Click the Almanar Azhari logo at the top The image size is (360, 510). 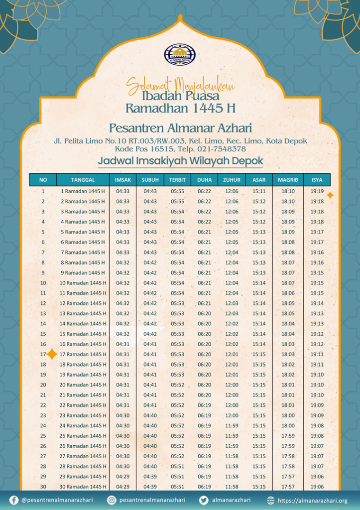pos(180,54)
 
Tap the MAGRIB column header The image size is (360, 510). pos(288,180)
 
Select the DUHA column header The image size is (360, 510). pos(204,180)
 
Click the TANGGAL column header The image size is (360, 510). pos(83,180)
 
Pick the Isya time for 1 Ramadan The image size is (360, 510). pos(317,191)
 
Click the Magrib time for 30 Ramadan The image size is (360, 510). pos(288,487)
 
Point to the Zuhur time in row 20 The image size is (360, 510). pos(232,385)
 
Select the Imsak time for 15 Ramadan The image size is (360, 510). pos(123,334)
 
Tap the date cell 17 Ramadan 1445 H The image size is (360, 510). pos(83,354)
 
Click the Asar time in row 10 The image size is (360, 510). pos(259,283)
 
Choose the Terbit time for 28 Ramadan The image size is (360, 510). pos(177,466)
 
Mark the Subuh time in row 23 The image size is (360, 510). pos(150,415)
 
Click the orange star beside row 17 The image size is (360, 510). pos(52,354)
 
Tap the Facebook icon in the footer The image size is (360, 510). pos(14,500)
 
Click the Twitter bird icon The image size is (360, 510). pos(204,500)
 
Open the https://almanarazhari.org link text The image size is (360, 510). pos(312,500)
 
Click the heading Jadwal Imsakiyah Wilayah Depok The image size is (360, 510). pos(180,161)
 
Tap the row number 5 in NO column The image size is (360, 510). pos(43,232)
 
